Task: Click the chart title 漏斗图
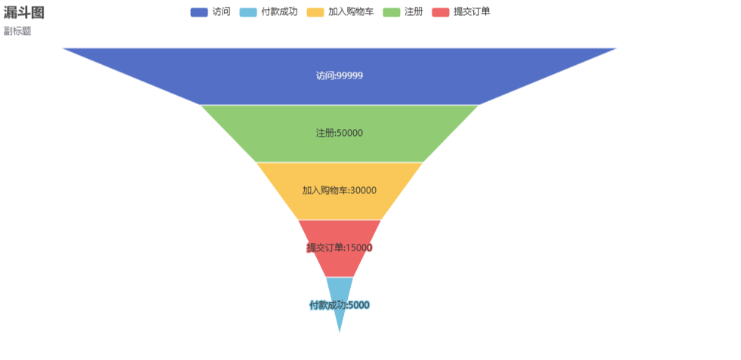point(23,13)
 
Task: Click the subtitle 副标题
point(17,32)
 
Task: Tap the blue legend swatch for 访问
point(199,12)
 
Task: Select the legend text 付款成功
point(279,12)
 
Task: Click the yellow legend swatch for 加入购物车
point(315,12)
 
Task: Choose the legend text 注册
point(414,12)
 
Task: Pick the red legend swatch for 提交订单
point(441,12)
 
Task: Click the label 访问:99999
point(340,76)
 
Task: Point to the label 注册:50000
point(340,134)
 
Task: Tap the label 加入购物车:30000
point(340,191)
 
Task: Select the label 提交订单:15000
point(340,248)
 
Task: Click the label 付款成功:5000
point(340,306)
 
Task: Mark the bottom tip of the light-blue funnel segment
point(340,331)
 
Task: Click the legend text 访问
point(221,12)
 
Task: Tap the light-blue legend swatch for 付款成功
point(248,12)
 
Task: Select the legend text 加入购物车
point(351,12)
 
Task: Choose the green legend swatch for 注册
point(392,12)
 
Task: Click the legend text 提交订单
point(472,12)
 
